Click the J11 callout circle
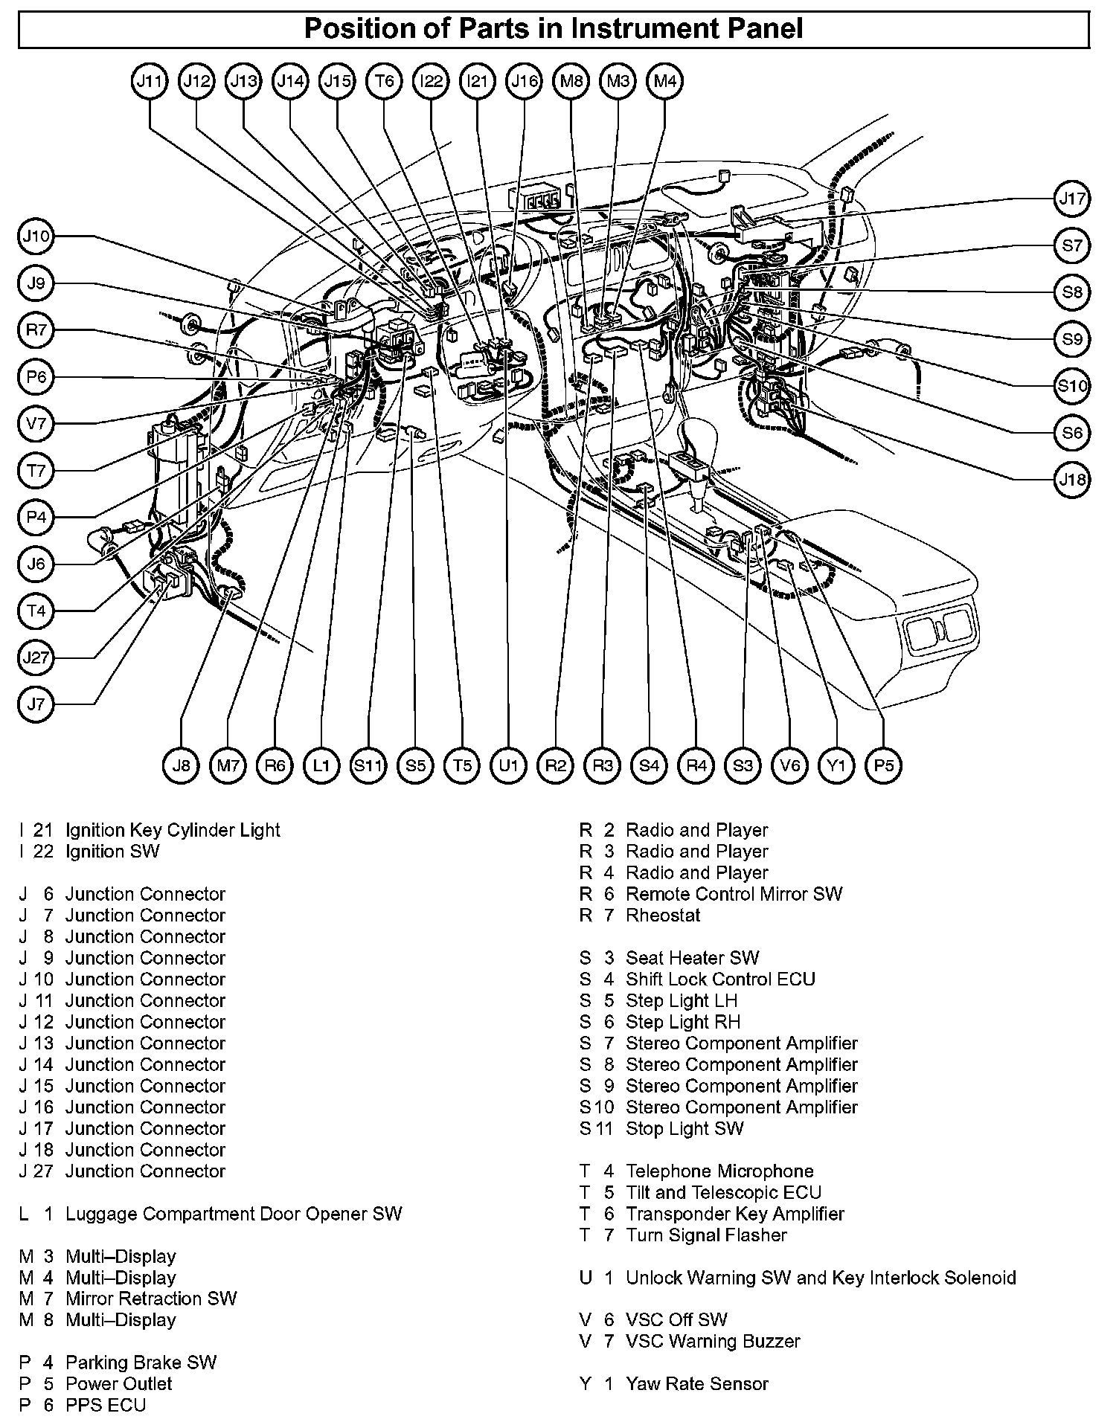pyautogui.click(x=150, y=81)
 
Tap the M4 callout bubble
pyautogui.click(x=665, y=81)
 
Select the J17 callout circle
pyautogui.click(x=1072, y=199)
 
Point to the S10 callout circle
pyautogui.click(x=1072, y=386)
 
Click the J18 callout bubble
pyautogui.click(x=1072, y=480)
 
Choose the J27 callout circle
pyautogui.click(x=36, y=657)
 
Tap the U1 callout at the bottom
pyautogui.click(x=509, y=765)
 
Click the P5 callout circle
pyautogui.click(x=884, y=765)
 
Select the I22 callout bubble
pyautogui.click(x=431, y=81)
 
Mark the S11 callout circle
pyautogui.click(x=368, y=765)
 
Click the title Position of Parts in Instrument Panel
pyautogui.click(x=554, y=29)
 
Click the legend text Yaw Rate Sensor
pyautogui.click(x=696, y=1384)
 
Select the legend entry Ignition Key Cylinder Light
pyautogui.click(x=173, y=830)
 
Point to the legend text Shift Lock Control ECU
pyautogui.click(x=720, y=979)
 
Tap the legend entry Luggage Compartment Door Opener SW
pyautogui.click(x=234, y=1214)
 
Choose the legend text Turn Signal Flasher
pyautogui.click(x=706, y=1235)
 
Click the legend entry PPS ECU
pyautogui.click(x=106, y=1406)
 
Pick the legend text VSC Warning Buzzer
pyautogui.click(x=713, y=1342)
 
